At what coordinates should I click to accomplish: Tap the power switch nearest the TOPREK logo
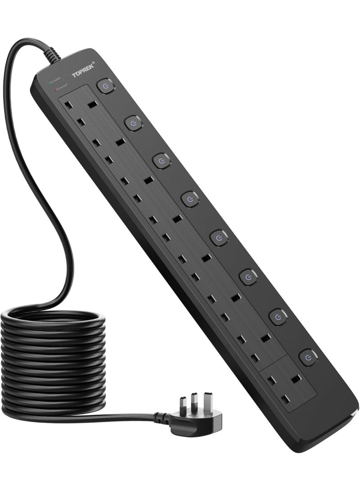coord(105,86)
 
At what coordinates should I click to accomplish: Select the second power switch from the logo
coord(133,122)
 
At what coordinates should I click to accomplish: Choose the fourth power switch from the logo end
coord(190,198)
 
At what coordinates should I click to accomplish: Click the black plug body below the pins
coord(205,421)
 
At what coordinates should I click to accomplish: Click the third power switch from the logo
coord(162,161)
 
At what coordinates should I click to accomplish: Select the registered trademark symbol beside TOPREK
coord(93,63)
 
